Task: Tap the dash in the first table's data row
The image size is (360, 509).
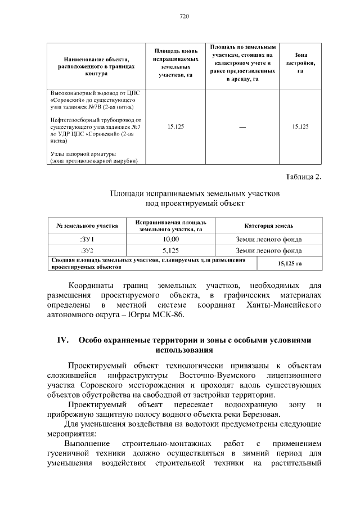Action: click(242, 127)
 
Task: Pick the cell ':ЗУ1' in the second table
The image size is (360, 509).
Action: click(87, 240)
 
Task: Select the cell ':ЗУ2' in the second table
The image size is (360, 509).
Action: click(87, 251)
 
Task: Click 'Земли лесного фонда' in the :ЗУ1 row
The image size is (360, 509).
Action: click(269, 240)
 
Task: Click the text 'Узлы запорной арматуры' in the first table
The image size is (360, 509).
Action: click(83, 154)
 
